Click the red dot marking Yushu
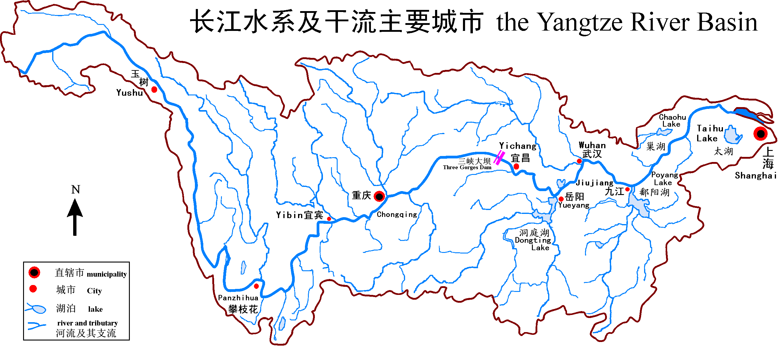154,89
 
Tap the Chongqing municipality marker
379,196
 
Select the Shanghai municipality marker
760,133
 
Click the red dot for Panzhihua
256,286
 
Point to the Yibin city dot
329,219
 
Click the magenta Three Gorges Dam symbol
499,158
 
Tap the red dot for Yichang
516,166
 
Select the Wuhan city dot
579,161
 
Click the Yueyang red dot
561,199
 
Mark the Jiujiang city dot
628,189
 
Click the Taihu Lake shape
733,136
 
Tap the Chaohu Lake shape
664,132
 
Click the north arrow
75,216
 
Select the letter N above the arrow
76,190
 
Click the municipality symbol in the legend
34,272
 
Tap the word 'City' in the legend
94,291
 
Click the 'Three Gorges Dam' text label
467,167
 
